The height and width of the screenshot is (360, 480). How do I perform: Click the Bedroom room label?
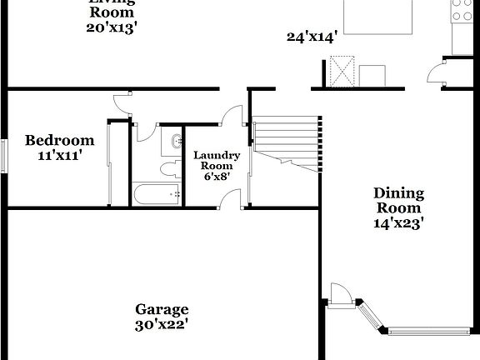59,140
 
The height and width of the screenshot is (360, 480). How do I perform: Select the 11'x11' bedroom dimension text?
59,155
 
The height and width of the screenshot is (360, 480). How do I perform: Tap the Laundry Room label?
217,161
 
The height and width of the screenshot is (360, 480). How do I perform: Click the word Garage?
162,309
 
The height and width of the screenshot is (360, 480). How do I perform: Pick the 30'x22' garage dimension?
162,324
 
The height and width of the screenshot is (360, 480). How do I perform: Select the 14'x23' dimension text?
398,222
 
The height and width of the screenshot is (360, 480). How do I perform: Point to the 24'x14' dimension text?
310,36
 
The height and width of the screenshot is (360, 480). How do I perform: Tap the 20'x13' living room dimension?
111,27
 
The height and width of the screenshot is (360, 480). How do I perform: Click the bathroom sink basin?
177,142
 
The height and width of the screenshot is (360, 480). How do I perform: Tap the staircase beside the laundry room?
286,142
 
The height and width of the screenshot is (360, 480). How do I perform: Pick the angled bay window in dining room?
372,317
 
